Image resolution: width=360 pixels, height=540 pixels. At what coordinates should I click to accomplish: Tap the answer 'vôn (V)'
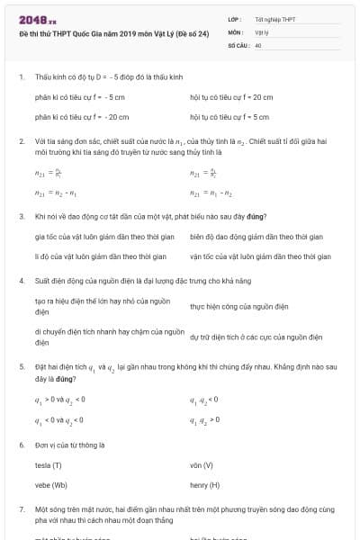pos(202,465)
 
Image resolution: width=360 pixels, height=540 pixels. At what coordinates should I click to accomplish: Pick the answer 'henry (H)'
pos(205,485)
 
